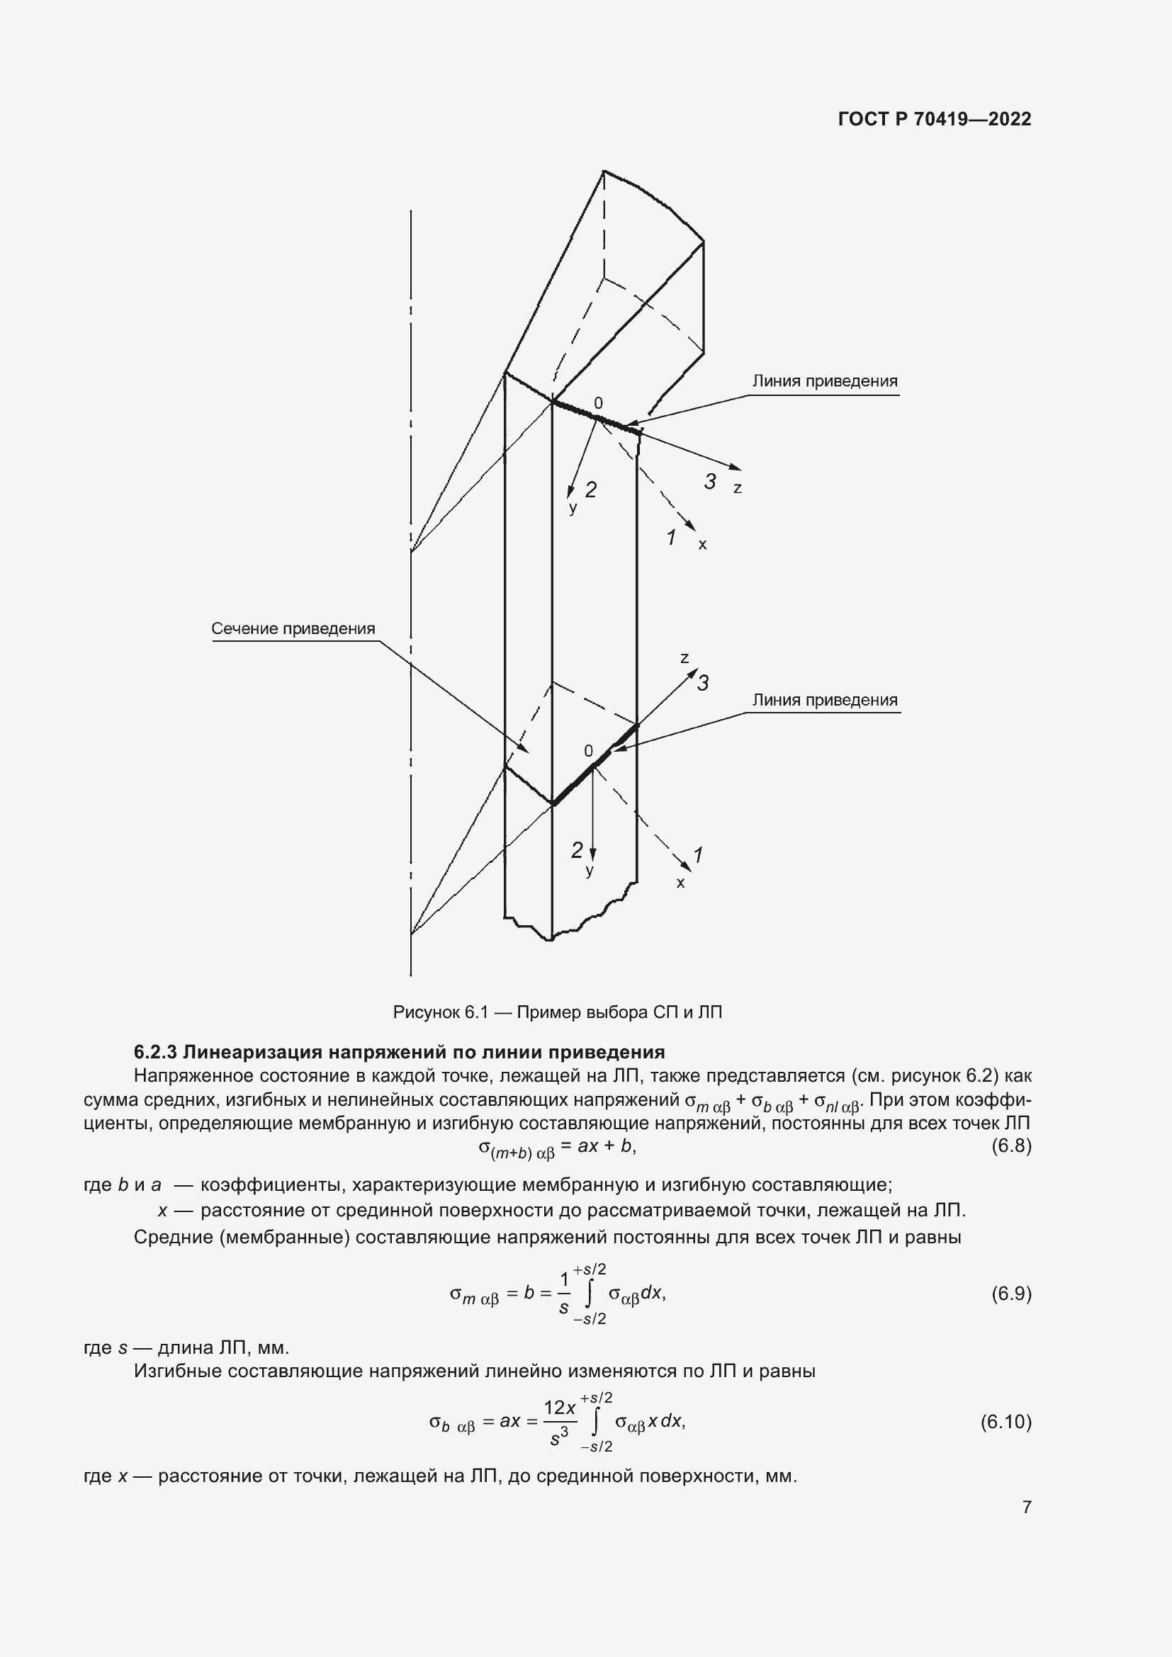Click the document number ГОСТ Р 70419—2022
tap(935, 119)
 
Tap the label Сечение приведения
tap(293, 628)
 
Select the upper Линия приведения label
tap(825, 381)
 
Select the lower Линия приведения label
tap(825, 700)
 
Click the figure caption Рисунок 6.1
tap(557, 1012)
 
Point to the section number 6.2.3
tap(155, 1051)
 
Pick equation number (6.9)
tap(1011, 1294)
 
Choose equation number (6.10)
tap(1005, 1422)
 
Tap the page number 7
tap(1026, 1507)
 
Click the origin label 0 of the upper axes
tap(597, 403)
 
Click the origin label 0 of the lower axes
tap(588, 751)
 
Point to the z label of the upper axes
tap(738, 489)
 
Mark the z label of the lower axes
tap(684, 658)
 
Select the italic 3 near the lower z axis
tap(703, 683)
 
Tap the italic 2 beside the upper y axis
tap(591, 490)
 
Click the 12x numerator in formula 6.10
tap(559, 1408)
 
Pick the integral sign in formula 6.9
tap(590, 1294)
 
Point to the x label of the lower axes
tap(680, 883)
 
